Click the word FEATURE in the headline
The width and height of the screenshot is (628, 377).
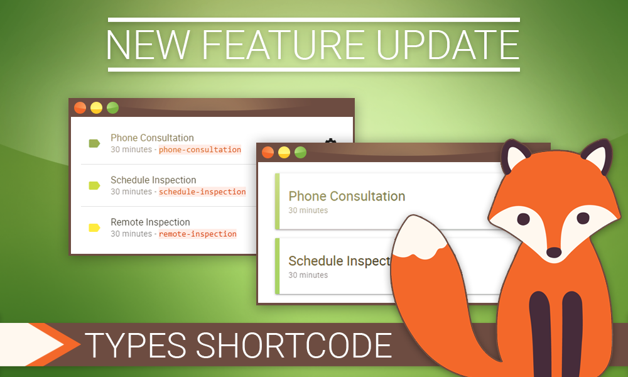coord(283,45)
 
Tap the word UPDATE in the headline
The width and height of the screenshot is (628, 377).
coord(448,45)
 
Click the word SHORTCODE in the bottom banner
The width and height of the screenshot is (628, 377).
coord(293,345)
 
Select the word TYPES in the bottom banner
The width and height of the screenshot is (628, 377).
coord(136,345)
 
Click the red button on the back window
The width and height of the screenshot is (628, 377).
coord(80,108)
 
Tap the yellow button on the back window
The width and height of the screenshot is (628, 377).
coord(96,108)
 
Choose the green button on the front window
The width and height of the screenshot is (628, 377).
coord(300,152)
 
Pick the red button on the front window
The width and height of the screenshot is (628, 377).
coord(268,152)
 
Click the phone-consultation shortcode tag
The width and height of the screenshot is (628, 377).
coord(200,150)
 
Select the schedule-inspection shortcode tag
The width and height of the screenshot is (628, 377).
coord(202,192)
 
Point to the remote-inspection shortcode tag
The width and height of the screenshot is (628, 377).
coord(197,234)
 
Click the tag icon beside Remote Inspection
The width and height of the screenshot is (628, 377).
coord(94,227)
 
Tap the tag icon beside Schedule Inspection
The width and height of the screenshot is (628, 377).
coord(94,185)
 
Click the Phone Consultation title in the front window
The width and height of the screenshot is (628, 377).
coord(347,196)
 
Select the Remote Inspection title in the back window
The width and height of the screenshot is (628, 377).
coord(150,222)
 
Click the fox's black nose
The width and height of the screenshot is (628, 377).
coord(554,253)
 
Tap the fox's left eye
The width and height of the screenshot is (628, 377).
coord(523,219)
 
